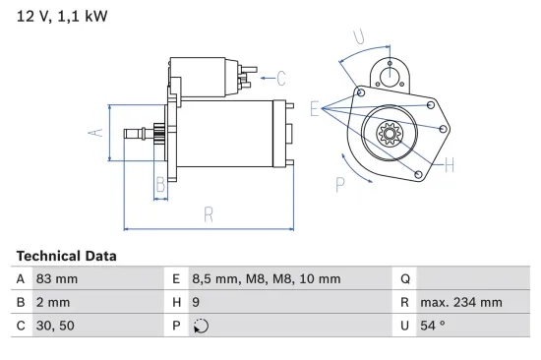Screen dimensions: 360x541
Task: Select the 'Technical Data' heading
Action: point(66,256)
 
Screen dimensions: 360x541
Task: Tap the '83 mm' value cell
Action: point(57,278)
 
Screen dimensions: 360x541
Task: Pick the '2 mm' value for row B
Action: point(53,303)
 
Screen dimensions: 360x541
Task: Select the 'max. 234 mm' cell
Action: point(460,303)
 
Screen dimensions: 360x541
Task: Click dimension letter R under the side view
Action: point(209,213)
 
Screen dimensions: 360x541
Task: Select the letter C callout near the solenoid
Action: point(281,77)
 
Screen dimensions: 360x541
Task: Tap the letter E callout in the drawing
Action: point(314,108)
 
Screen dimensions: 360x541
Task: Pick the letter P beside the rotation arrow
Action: point(340,182)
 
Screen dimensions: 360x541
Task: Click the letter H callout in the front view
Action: point(449,164)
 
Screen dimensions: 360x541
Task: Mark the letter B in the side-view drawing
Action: point(160,183)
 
